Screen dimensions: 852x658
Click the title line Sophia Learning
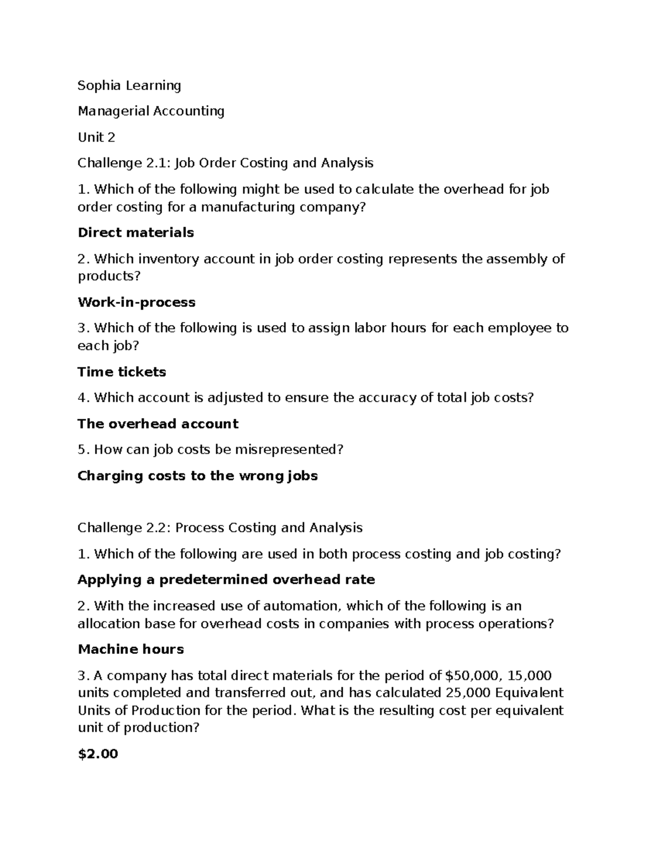click(129, 86)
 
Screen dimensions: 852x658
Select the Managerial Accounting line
click(151, 111)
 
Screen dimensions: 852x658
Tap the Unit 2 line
click(97, 137)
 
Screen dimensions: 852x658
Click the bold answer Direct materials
click(135, 233)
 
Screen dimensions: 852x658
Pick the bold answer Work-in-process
click(137, 302)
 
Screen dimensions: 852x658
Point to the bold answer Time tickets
click(122, 372)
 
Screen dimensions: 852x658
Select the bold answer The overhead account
click(158, 424)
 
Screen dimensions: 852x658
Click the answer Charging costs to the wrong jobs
click(197, 476)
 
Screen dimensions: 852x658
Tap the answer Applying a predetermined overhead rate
click(226, 580)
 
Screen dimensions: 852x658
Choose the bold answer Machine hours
click(131, 650)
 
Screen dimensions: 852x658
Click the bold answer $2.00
click(98, 754)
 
